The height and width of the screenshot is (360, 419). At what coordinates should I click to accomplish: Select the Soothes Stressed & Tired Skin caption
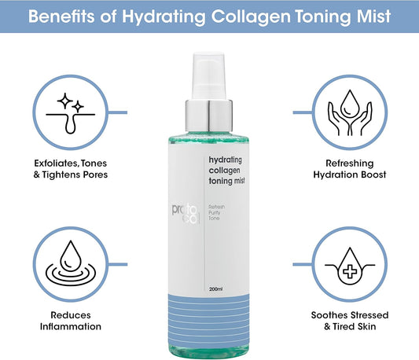point(350,319)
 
